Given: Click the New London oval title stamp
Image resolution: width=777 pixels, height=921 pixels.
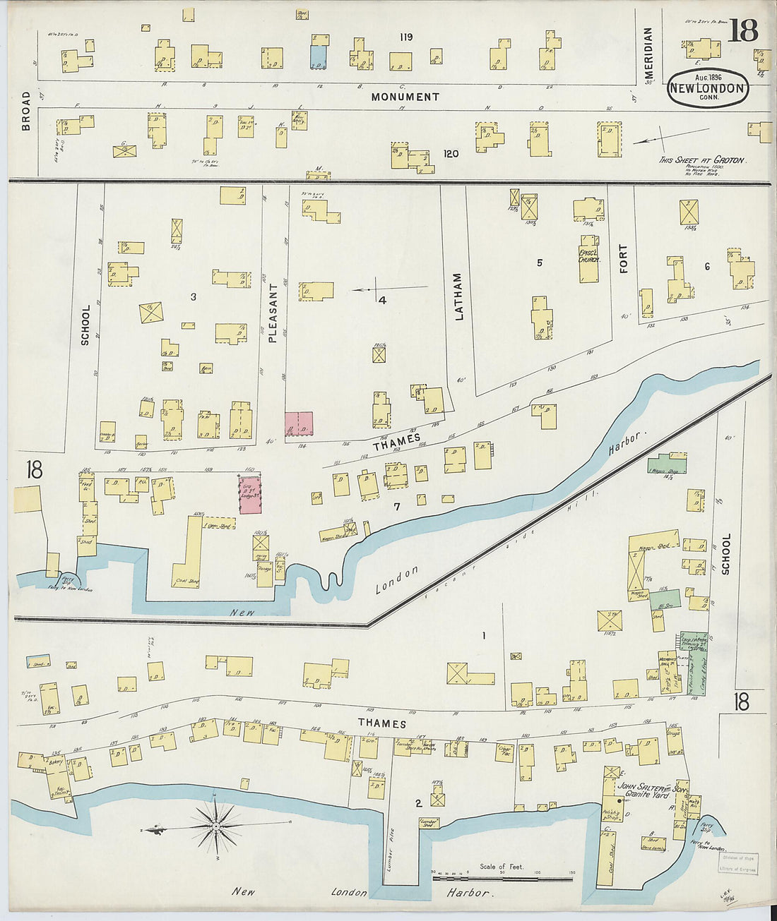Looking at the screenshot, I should click(x=708, y=88).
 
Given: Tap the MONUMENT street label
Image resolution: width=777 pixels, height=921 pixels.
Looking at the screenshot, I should click(x=405, y=97).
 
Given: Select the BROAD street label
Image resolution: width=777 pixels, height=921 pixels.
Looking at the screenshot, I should click(x=26, y=111).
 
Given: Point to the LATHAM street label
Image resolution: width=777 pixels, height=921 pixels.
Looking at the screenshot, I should click(x=459, y=296).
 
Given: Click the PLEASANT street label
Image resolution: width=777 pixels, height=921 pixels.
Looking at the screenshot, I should click(x=273, y=313).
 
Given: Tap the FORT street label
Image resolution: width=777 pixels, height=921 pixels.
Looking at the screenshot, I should click(x=622, y=258).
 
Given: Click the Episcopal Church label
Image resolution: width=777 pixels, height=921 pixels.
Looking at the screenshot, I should click(x=589, y=255).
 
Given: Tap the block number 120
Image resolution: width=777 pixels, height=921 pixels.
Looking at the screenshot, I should click(x=450, y=153).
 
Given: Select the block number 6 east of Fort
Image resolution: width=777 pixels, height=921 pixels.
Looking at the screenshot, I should click(x=706, y=266).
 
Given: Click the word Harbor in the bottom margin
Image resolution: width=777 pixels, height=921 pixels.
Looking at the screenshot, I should click(x=468, y=893).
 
